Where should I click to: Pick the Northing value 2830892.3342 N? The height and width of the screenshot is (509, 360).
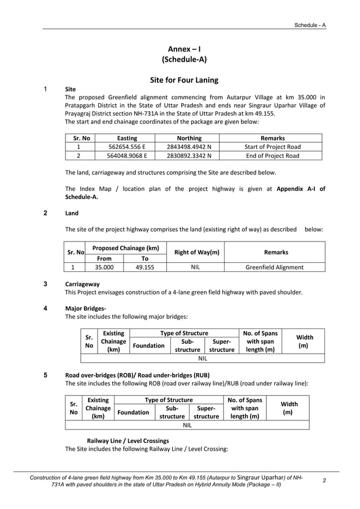(x=188, y=156)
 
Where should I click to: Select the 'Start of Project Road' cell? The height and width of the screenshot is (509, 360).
(x=272, y=147)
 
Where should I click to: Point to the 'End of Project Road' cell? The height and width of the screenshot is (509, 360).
(x=272, y=156)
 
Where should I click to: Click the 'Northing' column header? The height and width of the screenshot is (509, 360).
(x=188, y=138)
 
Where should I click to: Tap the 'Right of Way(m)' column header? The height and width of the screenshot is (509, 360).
(x=196, y=252)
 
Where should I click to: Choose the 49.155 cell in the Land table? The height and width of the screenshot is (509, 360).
(x=144, y=267)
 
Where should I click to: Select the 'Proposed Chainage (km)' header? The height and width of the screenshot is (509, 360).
(x=125, y=248)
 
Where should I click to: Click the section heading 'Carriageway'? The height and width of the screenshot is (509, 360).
(x=82, y=284)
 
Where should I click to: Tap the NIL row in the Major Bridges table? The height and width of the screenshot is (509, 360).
(x=203, y=358)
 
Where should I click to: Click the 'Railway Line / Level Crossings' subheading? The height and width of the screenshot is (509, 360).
(x=128, y=440)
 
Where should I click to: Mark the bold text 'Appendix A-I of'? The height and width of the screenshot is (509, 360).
(x=301, y=189)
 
